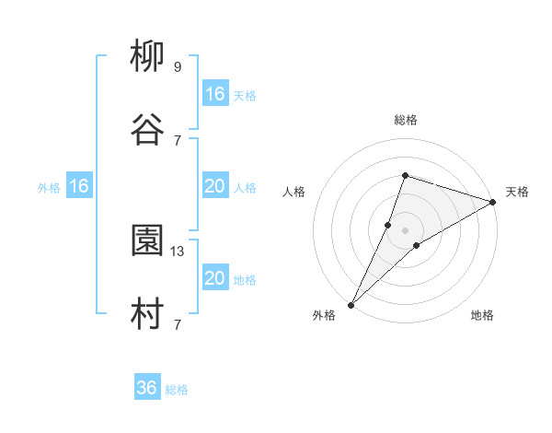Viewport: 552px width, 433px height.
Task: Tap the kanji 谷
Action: point(147,131)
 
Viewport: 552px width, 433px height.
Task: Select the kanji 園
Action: point(147,242)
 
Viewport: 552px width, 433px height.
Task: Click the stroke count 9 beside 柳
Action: point(178,67)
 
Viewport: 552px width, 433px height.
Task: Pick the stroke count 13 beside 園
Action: point(178,251)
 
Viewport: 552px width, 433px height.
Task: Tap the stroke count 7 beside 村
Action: point(178,323)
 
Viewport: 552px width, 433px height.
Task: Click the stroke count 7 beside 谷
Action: point(178,140)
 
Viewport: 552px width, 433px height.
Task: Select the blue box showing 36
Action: point(147,388)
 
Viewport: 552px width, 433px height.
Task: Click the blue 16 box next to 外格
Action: point(79,187)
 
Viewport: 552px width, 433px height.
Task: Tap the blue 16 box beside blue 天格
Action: point(214,94)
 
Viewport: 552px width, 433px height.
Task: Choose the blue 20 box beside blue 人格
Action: point(214,187)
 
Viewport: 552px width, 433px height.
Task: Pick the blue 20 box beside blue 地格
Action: point(214,278)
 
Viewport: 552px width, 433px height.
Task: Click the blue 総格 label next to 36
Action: point(177,390)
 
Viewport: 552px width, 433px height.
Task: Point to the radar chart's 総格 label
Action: point(406,120)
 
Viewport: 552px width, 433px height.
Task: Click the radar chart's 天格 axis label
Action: point(518,192)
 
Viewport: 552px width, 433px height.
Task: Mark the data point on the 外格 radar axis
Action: point(351,305)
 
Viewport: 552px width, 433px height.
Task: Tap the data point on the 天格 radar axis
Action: point(493,202)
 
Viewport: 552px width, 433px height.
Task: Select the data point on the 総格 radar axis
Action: point(405,175)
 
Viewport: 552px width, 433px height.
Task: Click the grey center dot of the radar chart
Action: point(405,230)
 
